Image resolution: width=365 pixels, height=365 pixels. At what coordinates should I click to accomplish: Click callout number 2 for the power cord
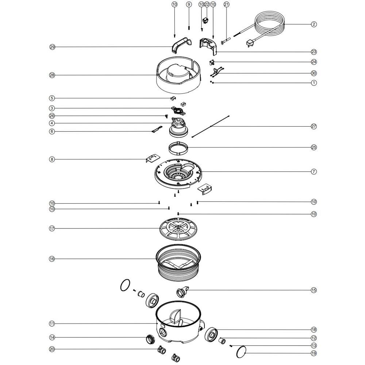point(314,24)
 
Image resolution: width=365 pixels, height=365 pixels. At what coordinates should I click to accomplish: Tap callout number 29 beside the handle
point(52,47)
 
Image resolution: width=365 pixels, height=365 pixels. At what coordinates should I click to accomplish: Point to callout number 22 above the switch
point(207,4)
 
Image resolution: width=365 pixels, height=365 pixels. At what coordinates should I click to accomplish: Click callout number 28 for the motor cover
point(52,75)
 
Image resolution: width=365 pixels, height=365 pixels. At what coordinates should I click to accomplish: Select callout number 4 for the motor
point(52,123)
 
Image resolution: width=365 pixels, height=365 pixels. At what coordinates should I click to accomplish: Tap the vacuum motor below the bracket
point(178,128)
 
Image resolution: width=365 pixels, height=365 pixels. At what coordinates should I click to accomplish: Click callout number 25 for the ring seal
point(314,147)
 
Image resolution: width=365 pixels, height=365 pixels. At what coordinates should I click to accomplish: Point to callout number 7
point(314,172)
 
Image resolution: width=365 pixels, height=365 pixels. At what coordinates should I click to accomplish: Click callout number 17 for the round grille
point(52,228)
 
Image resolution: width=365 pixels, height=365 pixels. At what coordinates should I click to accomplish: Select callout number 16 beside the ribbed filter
point(52,259)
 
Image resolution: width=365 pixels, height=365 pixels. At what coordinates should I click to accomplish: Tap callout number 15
point(314,290)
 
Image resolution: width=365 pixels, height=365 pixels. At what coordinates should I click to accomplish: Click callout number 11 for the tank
point(52,323)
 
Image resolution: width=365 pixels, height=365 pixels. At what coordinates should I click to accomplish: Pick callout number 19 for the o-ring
point(314,353)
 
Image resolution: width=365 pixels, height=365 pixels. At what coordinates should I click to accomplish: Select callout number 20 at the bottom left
point(52,349)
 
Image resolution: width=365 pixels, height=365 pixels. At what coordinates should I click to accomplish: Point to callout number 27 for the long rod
point(314,126)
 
